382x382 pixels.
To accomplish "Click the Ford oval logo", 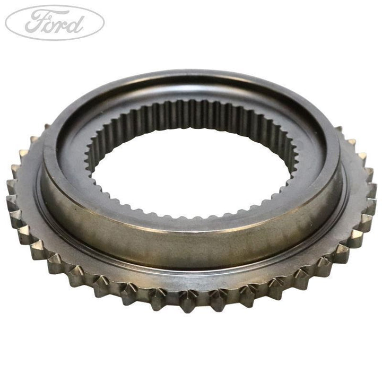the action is pyautogui.click(x=55, y=23).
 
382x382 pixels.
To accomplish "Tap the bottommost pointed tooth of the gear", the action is pyautogui.click(x=188, y=302).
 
